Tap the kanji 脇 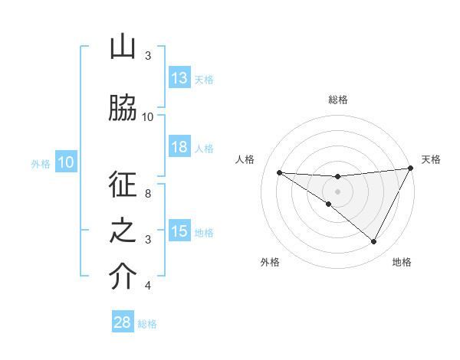[123, 108]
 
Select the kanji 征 [123, 186]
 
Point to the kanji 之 [123, 231]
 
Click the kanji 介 [123, 277]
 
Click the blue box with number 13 [179, 78]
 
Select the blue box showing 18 [179, 148]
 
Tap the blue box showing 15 [179, 231]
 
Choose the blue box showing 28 [123, 322]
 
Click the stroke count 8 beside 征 [148, 194]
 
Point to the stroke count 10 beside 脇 [148, 116]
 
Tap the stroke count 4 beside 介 [148, 286]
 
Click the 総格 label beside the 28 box [148, 323]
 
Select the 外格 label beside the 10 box [41, 163]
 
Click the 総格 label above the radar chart [337, 100]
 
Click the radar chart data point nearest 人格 [279, 172]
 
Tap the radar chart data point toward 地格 [374, 242]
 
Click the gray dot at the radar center [337, 190]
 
